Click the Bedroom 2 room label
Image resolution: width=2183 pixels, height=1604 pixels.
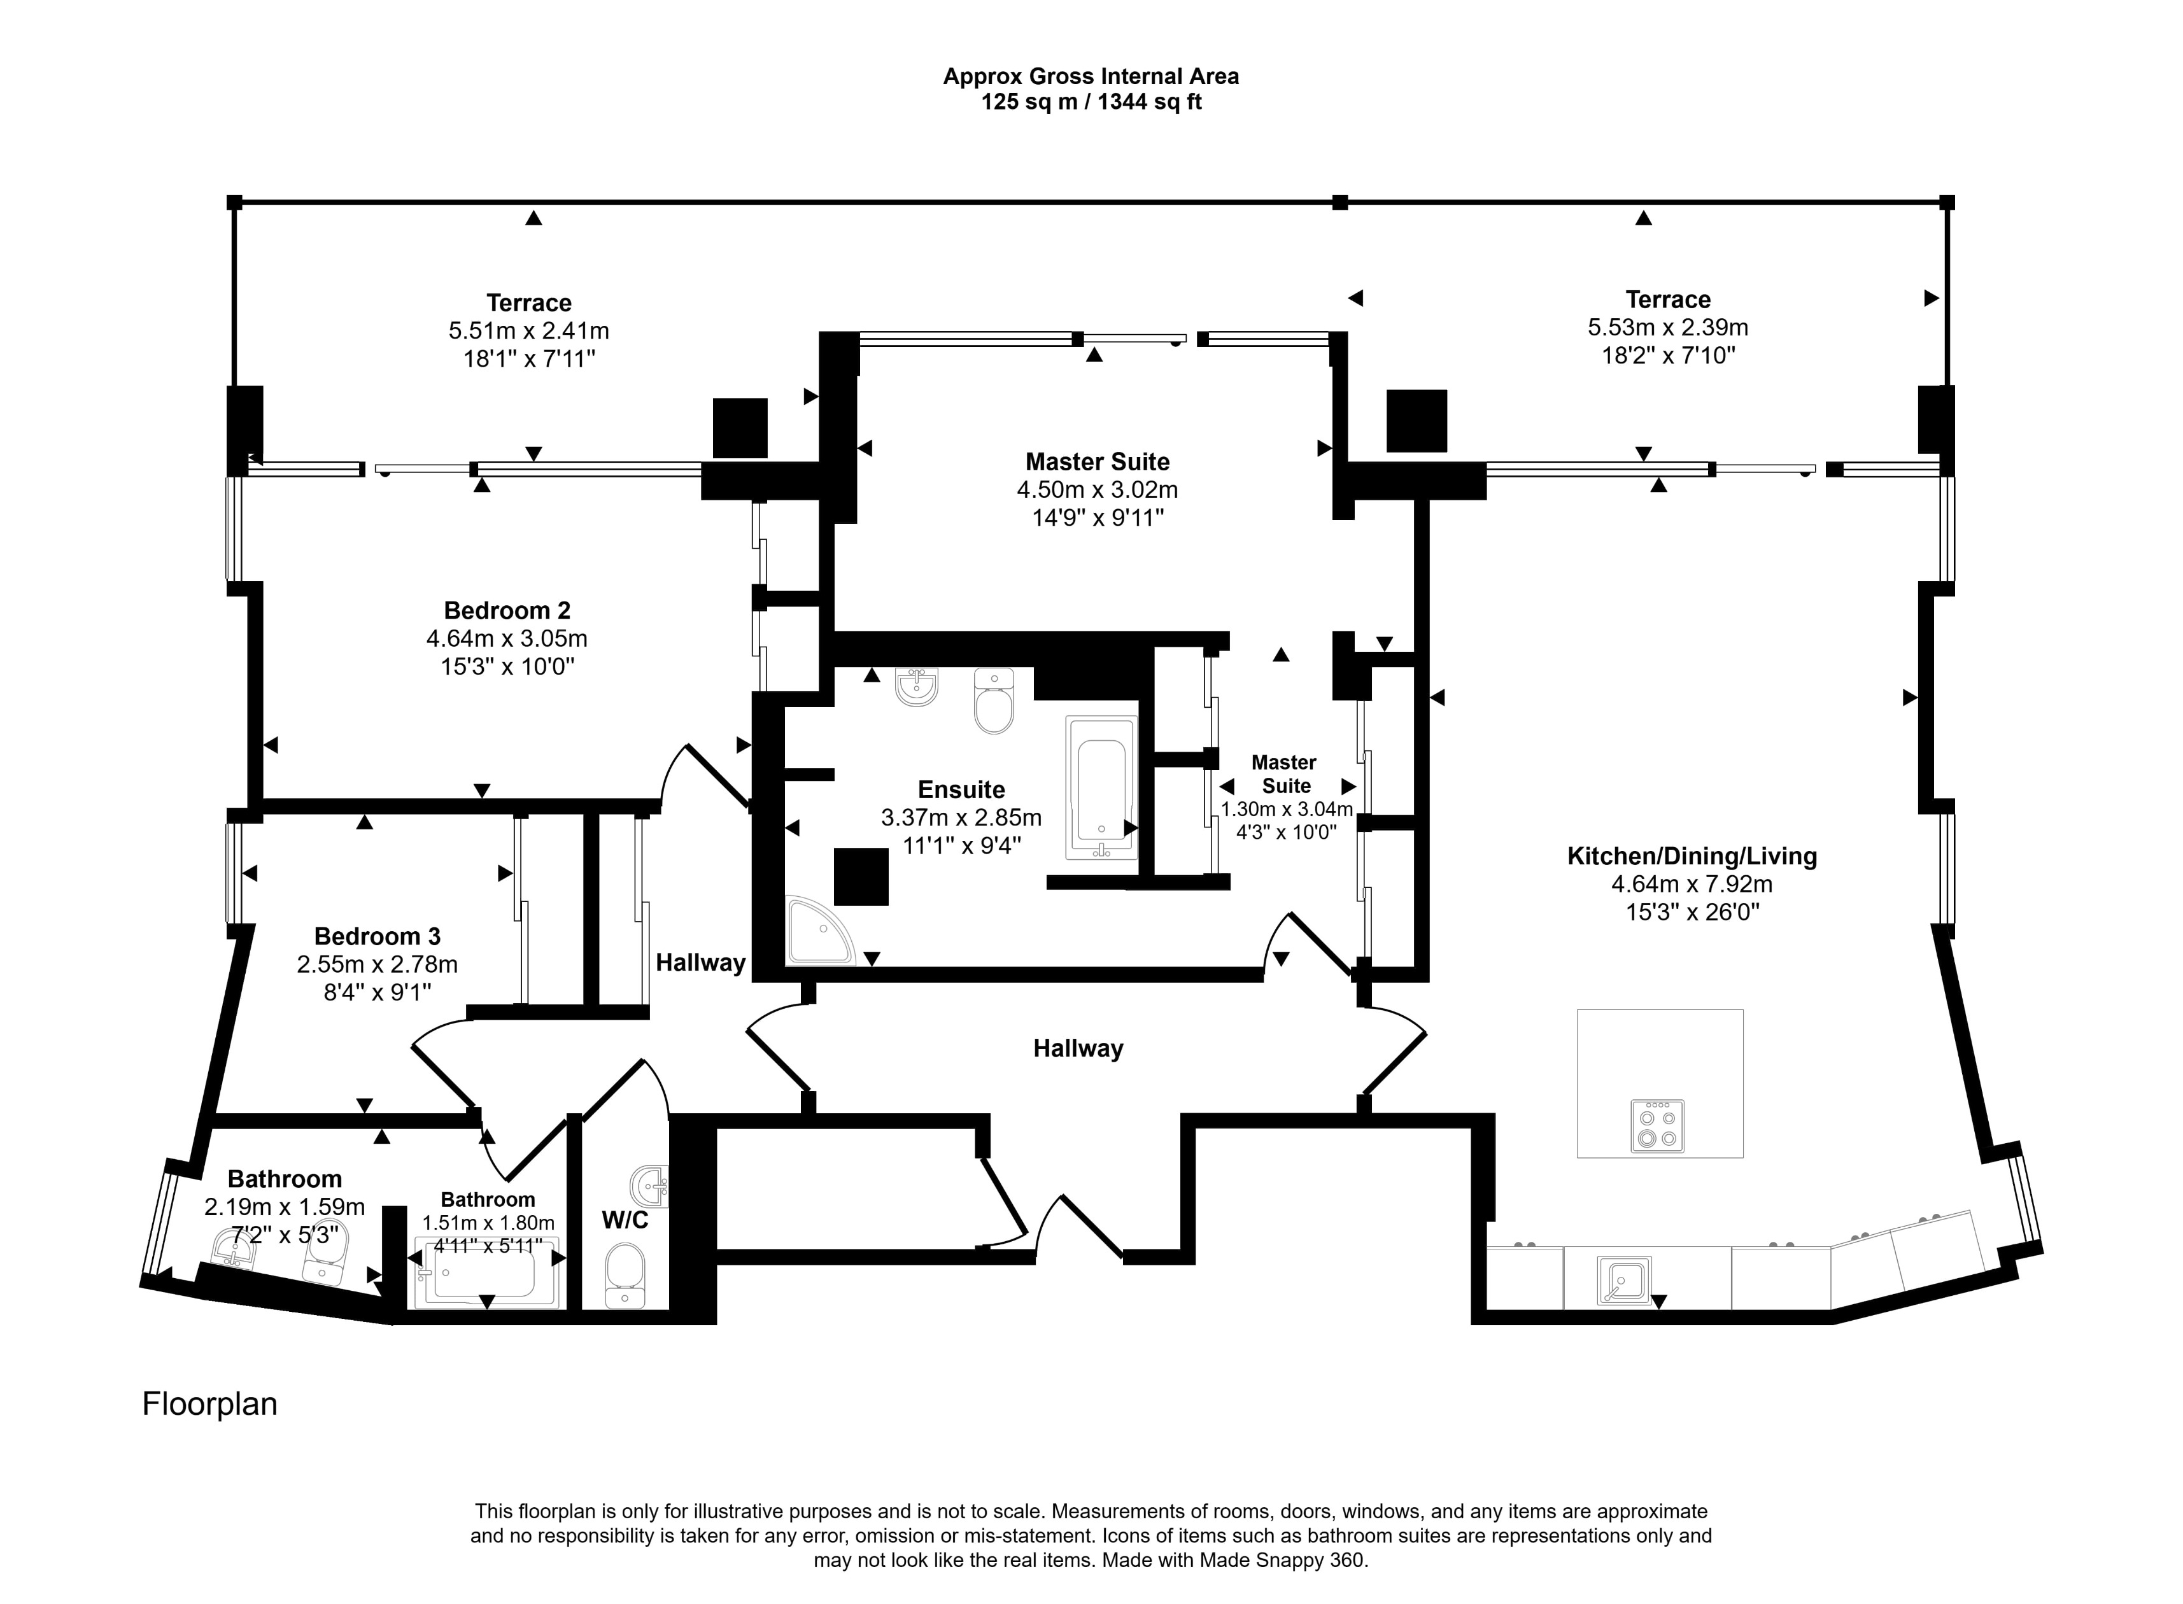click(507, 610)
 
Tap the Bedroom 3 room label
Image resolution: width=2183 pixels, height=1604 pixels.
click(377, 936)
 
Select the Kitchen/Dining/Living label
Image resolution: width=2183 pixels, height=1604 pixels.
click(1692, 856)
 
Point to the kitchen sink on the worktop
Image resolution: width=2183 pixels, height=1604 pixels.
click(1623, 1280)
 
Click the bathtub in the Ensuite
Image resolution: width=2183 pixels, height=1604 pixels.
click(1101, 787)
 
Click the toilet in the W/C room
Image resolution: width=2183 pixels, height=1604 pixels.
click(625, 1276)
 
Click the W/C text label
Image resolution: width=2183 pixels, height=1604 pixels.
click(625, 1220)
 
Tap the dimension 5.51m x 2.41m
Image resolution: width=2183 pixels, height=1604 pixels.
click(528, 331)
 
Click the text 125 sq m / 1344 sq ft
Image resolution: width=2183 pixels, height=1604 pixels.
click(1091, 102)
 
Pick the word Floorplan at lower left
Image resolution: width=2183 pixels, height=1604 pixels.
click(209, 1404)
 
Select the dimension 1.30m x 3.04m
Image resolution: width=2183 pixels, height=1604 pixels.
click(1286, 810)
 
